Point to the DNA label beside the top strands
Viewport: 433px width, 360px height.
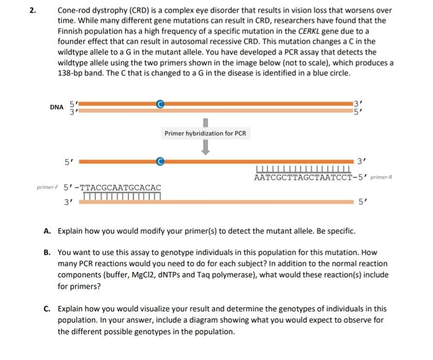[56, 107]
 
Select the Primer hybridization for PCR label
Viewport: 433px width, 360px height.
[205, 133]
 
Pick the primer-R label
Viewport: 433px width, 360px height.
[381, 178]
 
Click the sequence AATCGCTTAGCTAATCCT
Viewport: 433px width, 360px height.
[302, 177]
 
